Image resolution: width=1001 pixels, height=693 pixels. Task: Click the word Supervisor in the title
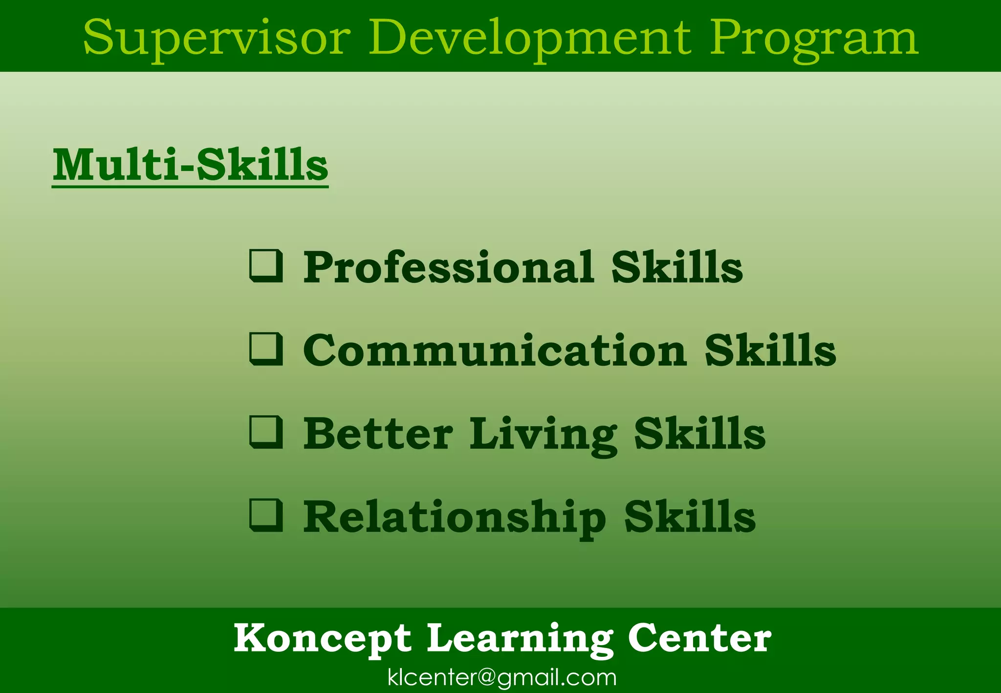point(217,38)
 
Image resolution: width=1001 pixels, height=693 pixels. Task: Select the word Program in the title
point(814,38)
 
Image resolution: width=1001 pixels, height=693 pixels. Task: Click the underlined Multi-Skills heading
point(190,165)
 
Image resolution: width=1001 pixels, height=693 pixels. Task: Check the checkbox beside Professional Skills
point(266,266)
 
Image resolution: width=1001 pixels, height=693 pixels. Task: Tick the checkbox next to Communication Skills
point(266,349)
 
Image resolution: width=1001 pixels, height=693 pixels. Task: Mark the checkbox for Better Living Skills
point(266,432)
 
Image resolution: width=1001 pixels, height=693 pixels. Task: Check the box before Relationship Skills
point(266,515)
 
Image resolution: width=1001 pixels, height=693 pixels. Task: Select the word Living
point(543,434)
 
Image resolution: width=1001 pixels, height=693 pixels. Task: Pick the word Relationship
point(455,517)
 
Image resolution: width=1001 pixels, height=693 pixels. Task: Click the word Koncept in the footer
point(323,638)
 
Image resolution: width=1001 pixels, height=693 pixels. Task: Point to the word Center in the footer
point(699,638)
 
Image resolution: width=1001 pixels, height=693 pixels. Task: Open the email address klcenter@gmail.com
point(502,677)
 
